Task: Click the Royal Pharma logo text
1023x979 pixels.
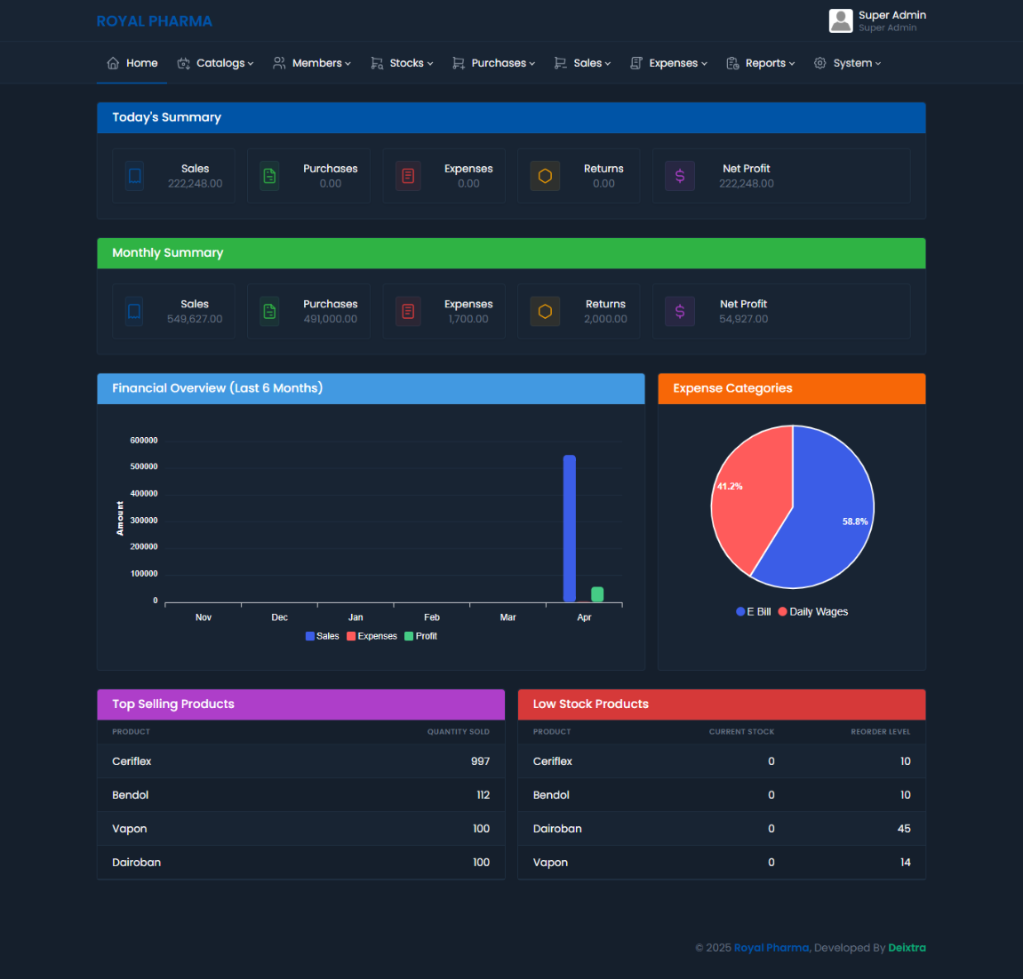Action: click(154, 21)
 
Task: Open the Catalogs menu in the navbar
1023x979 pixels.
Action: click(216, 63)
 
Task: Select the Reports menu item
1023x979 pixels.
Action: click(761, 63)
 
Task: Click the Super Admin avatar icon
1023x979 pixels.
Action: click(841, 20)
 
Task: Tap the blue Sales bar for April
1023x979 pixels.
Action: click(570, 528)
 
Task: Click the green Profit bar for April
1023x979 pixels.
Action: click(597, 594)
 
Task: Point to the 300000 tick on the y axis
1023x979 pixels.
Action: click(144, 521)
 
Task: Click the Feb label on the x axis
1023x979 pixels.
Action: click(432, 617)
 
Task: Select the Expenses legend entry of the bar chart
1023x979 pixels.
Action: click(372, 636)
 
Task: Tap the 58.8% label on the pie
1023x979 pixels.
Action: click(855, 521)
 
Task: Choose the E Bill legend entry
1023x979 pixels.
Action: click(754, 612)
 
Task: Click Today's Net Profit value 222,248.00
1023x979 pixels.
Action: click(747, 184)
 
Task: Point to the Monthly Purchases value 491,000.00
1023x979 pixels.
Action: click(331, 319)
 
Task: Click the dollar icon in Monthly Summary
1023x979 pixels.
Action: click(680, 311)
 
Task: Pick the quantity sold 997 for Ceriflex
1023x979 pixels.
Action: click(480, 761)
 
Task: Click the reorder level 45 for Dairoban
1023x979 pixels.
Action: click(904, 829)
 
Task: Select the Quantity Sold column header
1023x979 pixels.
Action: click(458, 732)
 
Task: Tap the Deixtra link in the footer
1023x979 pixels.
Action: click(907, 948)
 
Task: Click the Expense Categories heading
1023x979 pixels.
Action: click(732, 388)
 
